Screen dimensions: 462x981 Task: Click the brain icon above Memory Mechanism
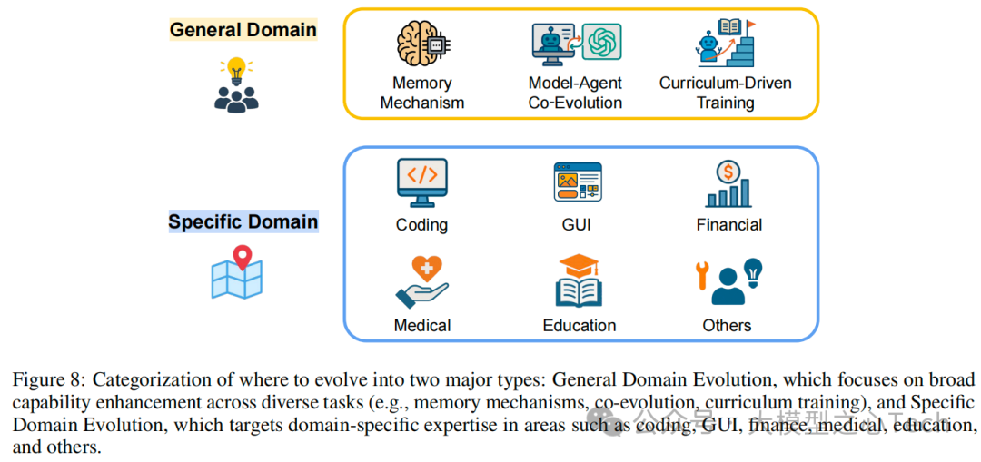[421, 43]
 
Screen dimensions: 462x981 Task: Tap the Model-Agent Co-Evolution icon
[576, 44]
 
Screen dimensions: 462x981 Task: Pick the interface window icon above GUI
[578, 182]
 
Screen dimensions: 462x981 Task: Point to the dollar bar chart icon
[728, 184]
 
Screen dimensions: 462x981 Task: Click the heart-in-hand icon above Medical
[421, 281]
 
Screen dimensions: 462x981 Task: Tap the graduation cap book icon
[579, 280]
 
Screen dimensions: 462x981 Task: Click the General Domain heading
[243, 29]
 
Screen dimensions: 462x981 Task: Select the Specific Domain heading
[243, 222]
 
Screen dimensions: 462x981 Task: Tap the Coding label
[421, 225]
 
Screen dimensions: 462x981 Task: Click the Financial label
[728, 225]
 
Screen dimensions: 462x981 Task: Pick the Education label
[579, 325]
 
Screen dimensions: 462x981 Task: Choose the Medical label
[421, 325]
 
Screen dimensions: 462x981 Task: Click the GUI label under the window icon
[579, 225]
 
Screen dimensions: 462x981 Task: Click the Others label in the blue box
[727, 325]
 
